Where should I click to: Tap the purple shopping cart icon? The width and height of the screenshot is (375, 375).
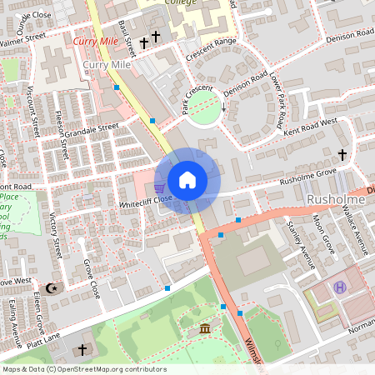click(159, 186)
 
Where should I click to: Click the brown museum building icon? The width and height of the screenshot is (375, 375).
click(205, 332)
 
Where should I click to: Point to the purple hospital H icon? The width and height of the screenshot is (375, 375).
click(340, 287)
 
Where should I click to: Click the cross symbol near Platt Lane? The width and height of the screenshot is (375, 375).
click(82, 349)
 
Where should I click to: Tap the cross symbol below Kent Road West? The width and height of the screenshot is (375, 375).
click(342, 154)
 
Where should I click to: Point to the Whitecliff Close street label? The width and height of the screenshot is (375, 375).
click(145, 199)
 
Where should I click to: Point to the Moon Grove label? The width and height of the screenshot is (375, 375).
click(322, 234)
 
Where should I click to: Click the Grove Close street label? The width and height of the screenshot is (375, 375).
click(91, 280)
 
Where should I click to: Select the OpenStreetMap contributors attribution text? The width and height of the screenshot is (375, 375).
click(83, 369)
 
